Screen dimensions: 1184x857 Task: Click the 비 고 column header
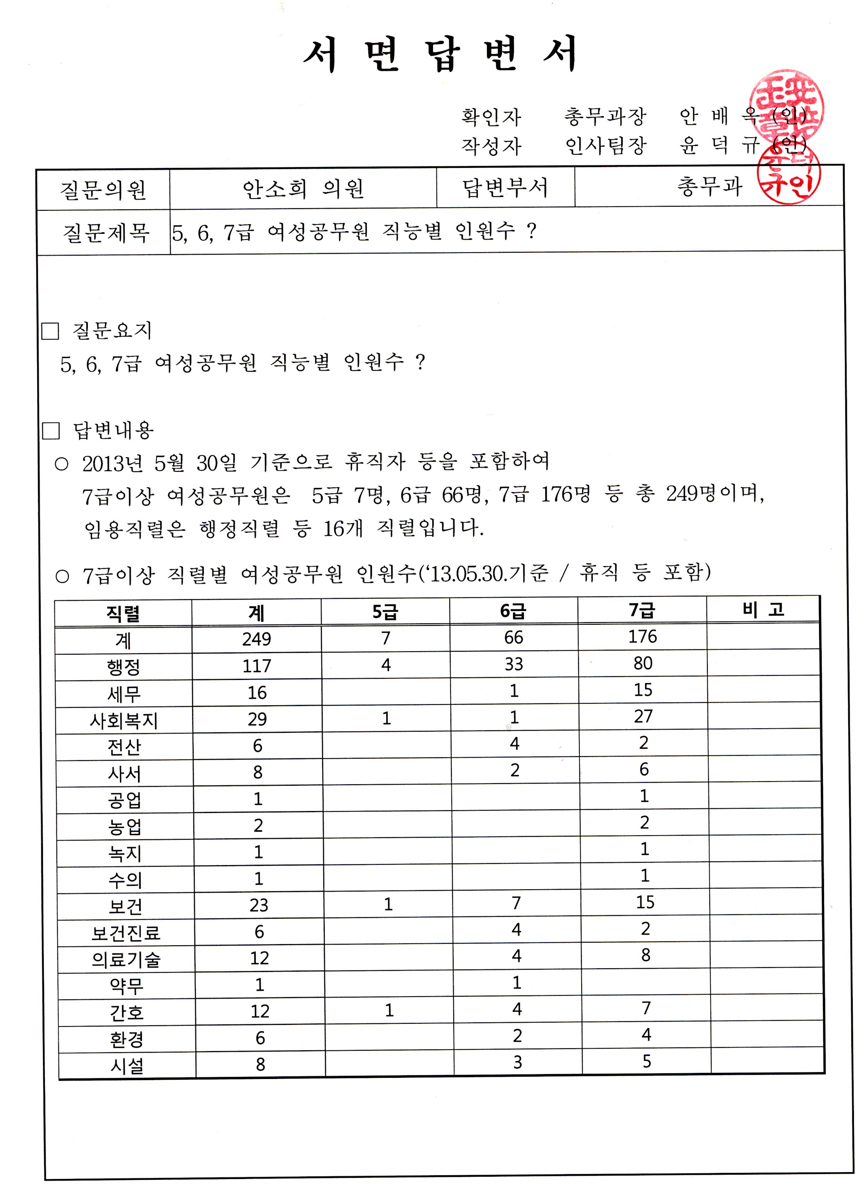[763, 609]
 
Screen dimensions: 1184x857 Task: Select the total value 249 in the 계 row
[257, 639]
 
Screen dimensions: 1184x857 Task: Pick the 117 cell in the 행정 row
[257, 666]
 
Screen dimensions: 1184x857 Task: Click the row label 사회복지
[124, 721]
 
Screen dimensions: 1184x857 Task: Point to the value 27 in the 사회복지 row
[643, 716]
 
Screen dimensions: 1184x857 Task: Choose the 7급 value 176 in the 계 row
[642, 636]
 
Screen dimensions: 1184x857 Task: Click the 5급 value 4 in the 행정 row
[385, 665]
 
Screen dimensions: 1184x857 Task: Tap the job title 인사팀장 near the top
[606, 146]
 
